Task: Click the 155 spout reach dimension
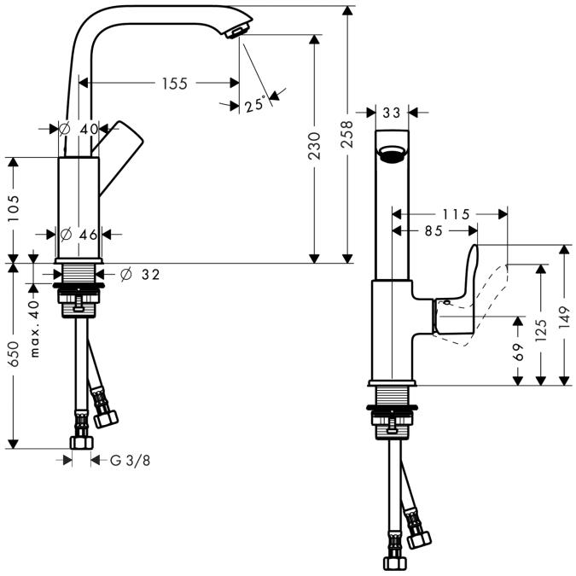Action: pos(172,83)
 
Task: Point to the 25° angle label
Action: pos(253,105)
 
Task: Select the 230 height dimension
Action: pos(314,146)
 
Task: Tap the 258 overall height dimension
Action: pos(346,134)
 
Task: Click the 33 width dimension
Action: pos(392,112)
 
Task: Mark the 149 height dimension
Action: pos(564,315)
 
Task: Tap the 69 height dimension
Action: pos(518,351)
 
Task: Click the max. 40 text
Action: pos(34,329)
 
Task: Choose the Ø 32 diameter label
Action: pos(141,274)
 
